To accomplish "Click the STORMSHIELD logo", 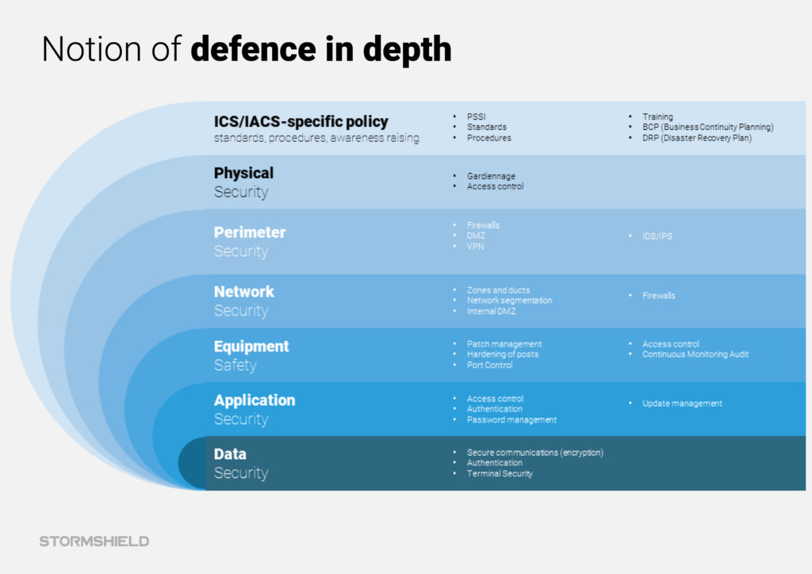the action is (x=94, y=541).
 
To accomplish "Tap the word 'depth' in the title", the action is (x=407, y=50).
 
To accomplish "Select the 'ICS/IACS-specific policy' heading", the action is (x=301, y=121).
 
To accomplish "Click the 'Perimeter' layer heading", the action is (x=250, y=232).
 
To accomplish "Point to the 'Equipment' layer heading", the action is (x=251, y=346).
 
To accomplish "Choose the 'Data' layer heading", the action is (x=230, y=454).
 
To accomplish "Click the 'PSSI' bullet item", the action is (x=477, y=117).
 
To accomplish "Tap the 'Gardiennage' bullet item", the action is (x=491, y=176).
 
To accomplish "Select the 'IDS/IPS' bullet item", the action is (x=657, y=236).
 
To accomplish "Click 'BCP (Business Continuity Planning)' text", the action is (x=708, y=127).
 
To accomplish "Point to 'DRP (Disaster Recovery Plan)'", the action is (x=697, y=138).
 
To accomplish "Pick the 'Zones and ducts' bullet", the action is (x=498, y=290).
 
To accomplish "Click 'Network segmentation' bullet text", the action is (x=510, y=300).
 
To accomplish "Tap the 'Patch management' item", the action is (x=504, y=343).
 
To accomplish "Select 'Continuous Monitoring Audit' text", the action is (x=695, y=354).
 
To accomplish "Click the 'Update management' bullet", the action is (x=682, y=404).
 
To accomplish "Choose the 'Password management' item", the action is (x=511, y=419).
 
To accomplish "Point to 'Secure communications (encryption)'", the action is (x=535, y=453).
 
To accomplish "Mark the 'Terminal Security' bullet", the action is (x=500, y=473).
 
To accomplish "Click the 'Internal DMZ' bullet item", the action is (x=492, y=311).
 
